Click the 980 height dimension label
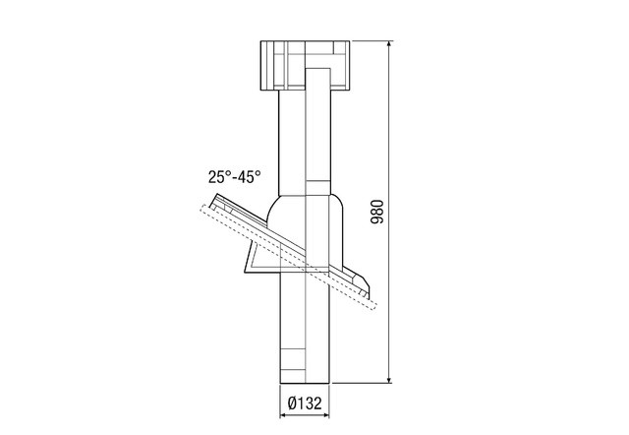pos(377,212)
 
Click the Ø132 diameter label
pos(305,403)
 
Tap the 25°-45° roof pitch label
pos(235,177)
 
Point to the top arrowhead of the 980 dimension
pos(389,45)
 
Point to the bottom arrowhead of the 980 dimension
pos(389,379)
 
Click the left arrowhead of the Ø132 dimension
pos(284,415)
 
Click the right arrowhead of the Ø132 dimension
pos(325,415)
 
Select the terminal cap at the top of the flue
pos(305,66)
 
